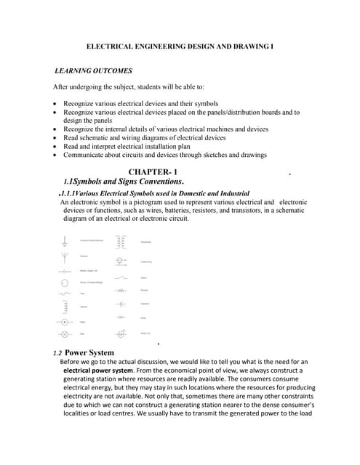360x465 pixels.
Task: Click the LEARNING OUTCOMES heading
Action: (94, 71)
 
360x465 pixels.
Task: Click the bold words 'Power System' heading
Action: (95, 352)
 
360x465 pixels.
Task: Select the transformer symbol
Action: (120, 242)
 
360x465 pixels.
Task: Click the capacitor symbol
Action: (120, 304)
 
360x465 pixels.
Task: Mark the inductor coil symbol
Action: (64, 307)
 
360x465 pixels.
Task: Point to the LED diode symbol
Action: (120, 333)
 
